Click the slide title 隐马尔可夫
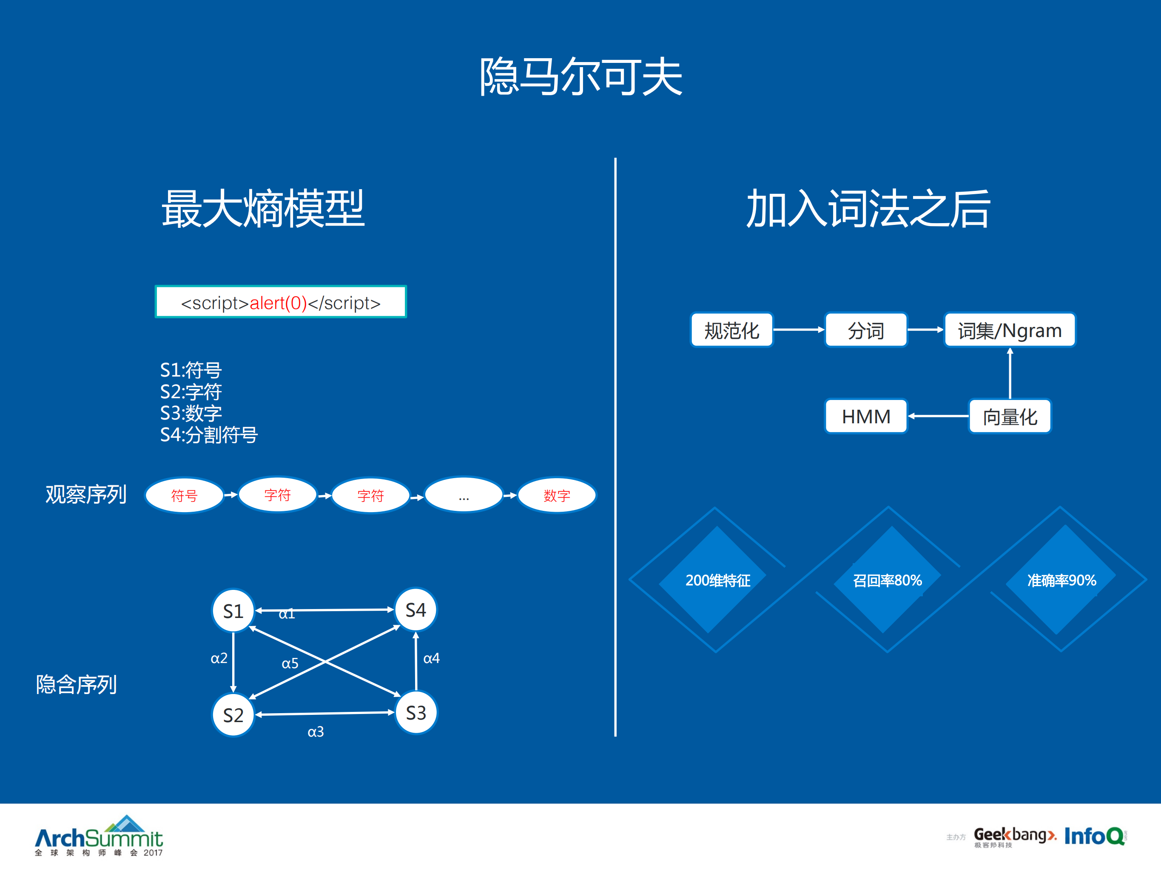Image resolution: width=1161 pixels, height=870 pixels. (580, 77)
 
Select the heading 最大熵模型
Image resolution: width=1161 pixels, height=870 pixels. (263, 209)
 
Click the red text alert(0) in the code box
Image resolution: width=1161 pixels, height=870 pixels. (278, 303)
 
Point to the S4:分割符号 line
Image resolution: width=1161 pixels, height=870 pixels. (209, 435)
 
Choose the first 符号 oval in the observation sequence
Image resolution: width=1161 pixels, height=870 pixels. (184, 495)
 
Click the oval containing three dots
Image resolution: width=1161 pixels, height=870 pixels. (464, 495)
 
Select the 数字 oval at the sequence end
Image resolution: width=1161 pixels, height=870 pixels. (557, 495)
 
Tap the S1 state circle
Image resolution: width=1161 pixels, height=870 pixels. (233, 611)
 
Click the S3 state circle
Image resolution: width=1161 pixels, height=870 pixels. (415, 713)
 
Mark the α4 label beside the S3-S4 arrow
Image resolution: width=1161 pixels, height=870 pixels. (431, 658)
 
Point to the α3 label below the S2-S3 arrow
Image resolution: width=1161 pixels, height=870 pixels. (316, 731)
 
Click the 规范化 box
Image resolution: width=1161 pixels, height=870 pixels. (731, 330)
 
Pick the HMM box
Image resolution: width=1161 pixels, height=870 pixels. (866, 417)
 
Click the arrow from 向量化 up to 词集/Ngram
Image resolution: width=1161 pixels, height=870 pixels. (1010, 374)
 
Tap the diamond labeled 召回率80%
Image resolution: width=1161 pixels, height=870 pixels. (887, 580)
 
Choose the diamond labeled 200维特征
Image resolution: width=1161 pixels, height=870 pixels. (717, 580)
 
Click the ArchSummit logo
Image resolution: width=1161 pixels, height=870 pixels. (99, 836)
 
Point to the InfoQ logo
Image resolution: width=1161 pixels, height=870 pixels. (1094, 836)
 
